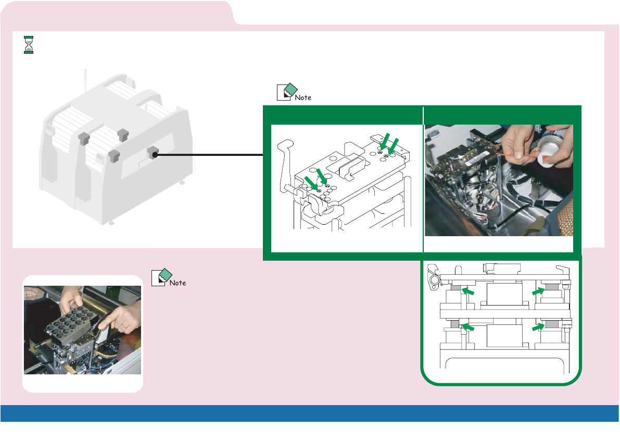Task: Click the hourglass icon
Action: [29, 45]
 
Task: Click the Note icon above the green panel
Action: [286, 91]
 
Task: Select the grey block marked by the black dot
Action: [153, 153]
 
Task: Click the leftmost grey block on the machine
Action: [84, 138]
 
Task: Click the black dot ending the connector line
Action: [155, 155]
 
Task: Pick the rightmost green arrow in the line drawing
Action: [393, 145]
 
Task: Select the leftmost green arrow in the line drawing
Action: [311, 183]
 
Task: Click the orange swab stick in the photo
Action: [524, 154]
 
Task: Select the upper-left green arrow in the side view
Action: [469, 292]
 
